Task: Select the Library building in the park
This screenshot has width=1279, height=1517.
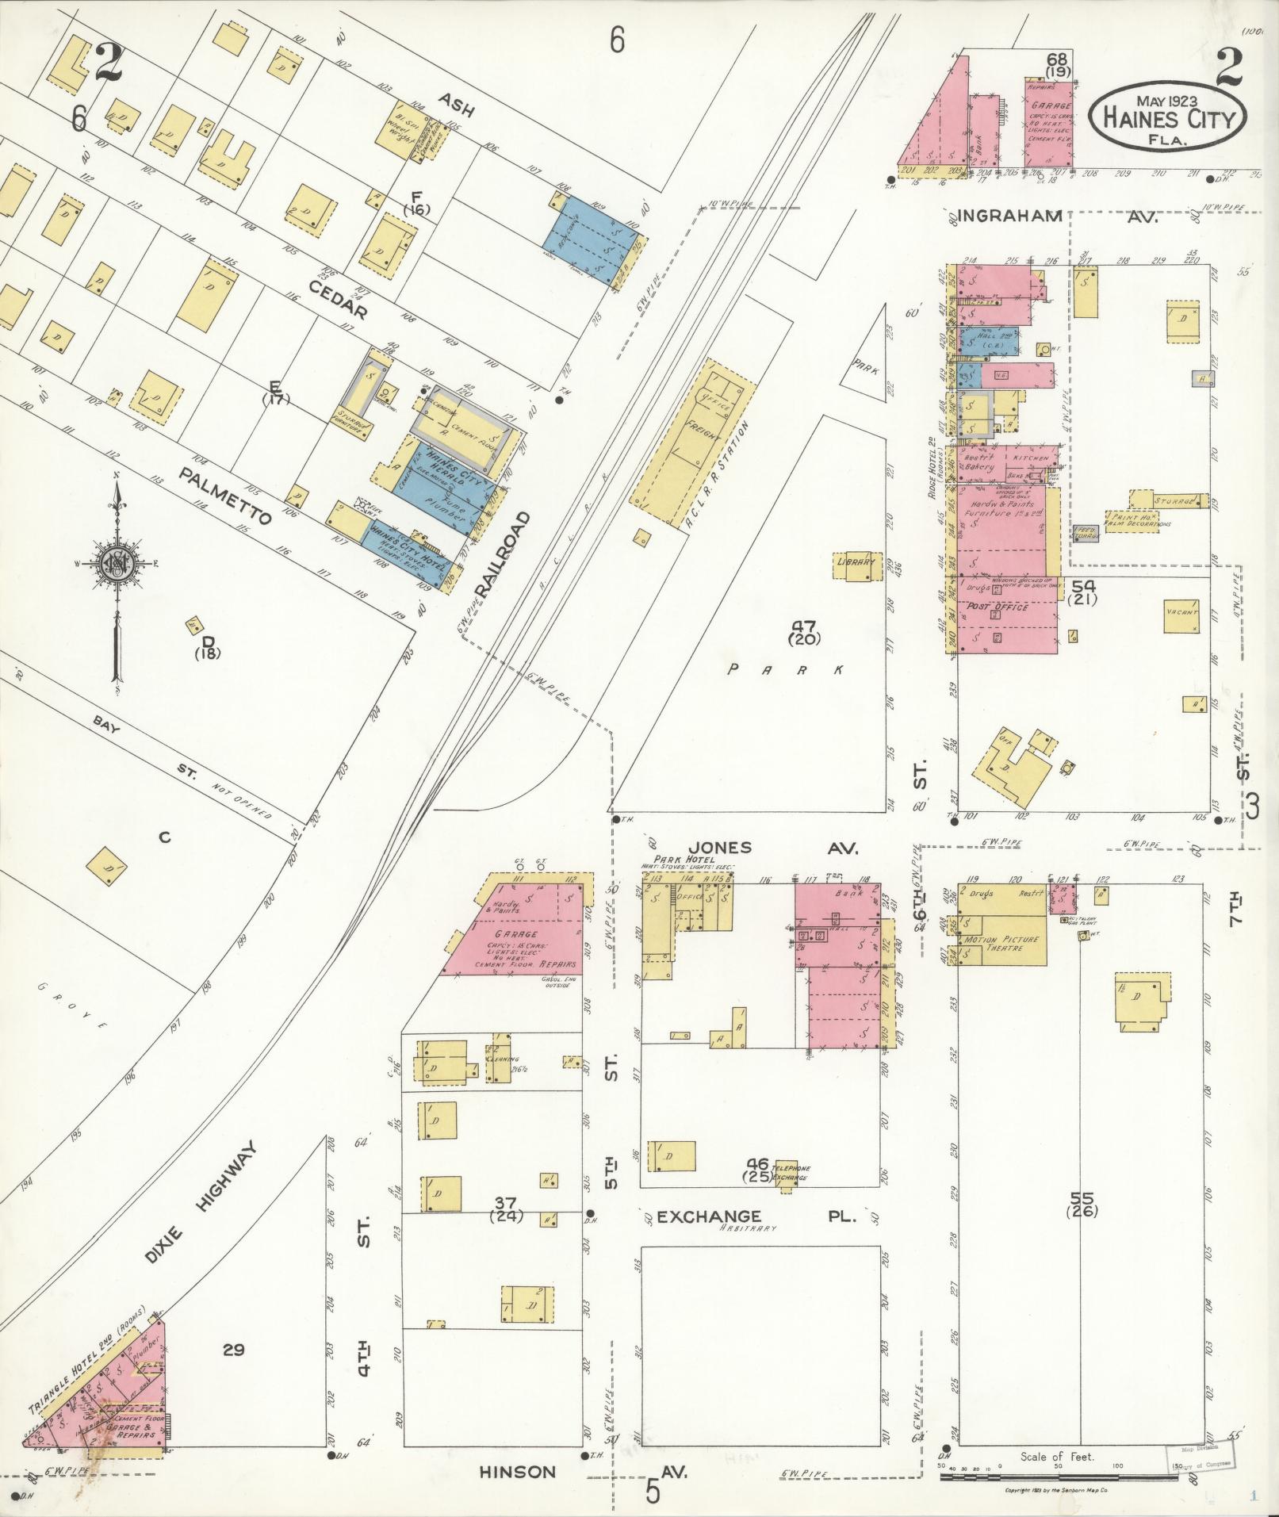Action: [856, 564]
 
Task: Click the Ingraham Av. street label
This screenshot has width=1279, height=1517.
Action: [1055, 216]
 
